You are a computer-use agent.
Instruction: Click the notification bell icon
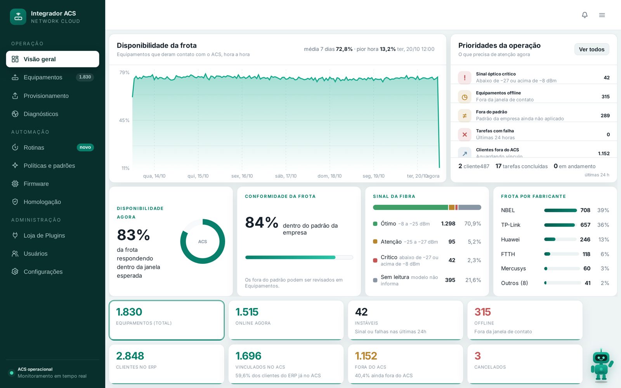click(585, 15)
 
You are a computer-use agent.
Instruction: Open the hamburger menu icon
click(602, 15)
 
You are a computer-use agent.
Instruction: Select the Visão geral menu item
click(52, 59)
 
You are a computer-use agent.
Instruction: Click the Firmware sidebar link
click(36, 184)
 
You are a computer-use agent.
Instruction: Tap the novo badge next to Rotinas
click(85, 147)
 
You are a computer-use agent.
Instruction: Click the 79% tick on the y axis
click(124, 72)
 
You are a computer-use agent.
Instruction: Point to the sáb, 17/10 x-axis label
click(286, 176)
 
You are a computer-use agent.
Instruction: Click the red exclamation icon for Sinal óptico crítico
click(464, 78)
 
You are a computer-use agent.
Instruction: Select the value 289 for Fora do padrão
click(605, 116)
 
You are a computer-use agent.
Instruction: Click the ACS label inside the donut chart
click(202, 242)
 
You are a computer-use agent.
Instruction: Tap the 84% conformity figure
click(262, 222)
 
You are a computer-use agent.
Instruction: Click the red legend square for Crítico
click(375, 260)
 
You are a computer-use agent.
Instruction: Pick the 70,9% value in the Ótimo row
click(472, 223)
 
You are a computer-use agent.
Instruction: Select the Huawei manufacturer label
click(510, 239)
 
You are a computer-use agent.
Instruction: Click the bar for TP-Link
click(559, 225)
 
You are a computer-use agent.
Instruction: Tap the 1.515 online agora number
click(247, 312)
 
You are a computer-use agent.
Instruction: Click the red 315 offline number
click(482, 312)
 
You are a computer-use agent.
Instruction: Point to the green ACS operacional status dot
click(12, 373)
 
